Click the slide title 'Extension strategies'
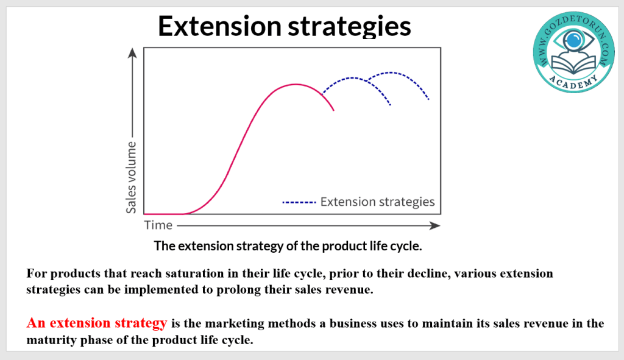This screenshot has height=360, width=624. click(284, 27)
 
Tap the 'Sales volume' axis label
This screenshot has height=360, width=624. click(131, 177)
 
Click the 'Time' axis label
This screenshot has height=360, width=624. click(158, 225)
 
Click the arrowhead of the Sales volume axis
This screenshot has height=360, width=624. click(132, 53)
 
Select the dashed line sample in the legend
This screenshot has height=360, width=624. click(299, 202)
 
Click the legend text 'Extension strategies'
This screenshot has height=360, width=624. click(377, 202)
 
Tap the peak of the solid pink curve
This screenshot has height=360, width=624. click(296, 84)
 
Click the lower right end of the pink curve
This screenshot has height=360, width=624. click(333, 110)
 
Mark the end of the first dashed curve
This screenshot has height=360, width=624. click(391, 105)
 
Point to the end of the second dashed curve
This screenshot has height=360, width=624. click(428, 99)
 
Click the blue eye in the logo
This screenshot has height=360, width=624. click(573, 40)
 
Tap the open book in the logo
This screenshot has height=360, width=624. click(573, 64)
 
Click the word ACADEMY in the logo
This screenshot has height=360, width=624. click(573, 82)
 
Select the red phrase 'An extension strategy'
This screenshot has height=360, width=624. click(97, 323)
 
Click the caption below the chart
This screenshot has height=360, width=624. click(288, 246)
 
